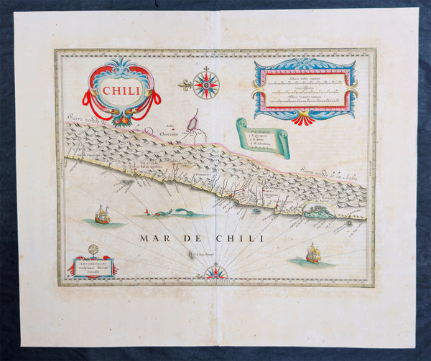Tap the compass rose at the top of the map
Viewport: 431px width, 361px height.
click(206, 85)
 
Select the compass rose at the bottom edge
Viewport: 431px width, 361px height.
click(215, 272)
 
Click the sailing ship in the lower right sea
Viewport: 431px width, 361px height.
click(313, 253)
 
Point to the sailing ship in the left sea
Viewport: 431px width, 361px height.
click(102, 215)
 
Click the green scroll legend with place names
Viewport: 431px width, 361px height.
click(264, 138)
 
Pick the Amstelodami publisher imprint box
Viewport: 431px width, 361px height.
click(92, 267)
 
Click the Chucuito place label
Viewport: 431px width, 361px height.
click(162, 132)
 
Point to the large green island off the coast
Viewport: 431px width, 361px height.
click(318, 211)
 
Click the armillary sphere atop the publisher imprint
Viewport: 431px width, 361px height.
click(93, 250)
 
